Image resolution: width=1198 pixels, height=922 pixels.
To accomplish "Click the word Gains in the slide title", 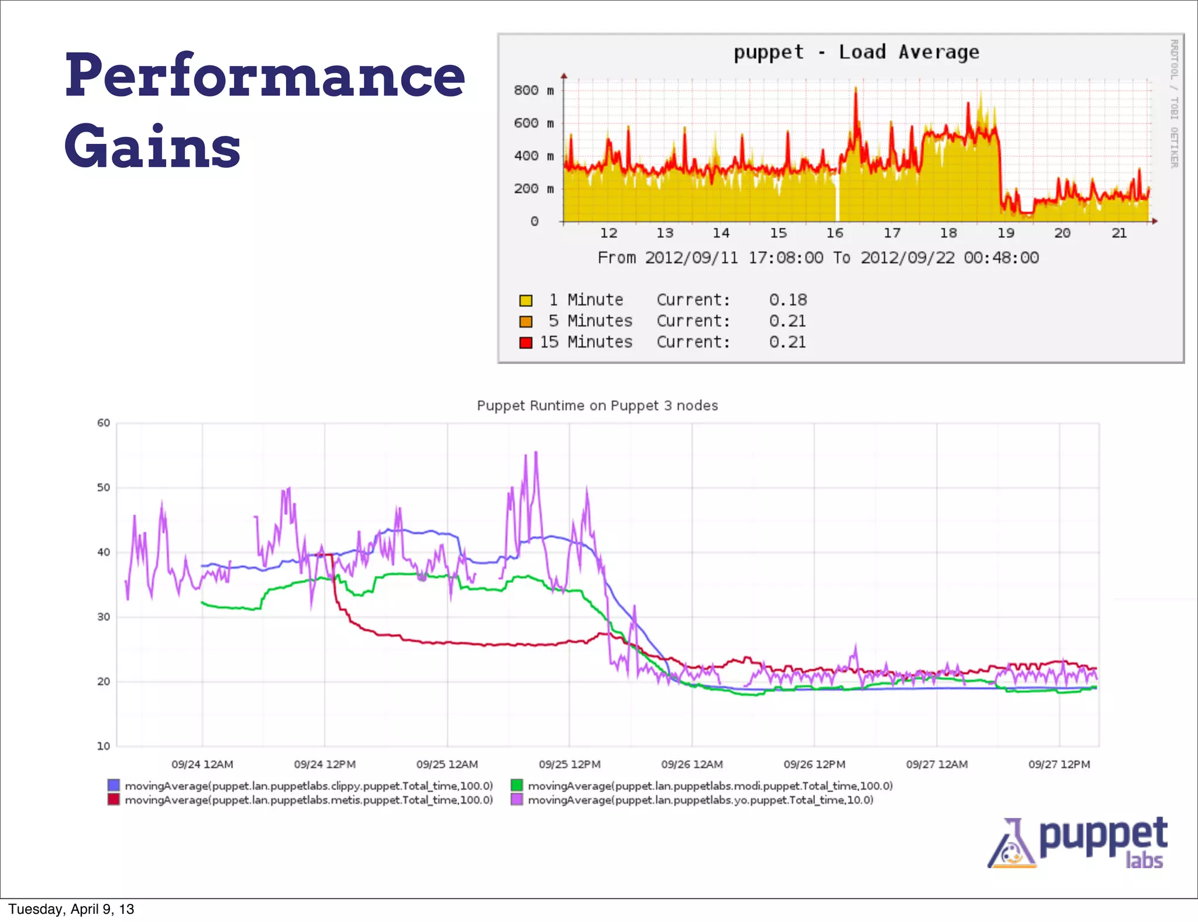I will click(x=152, y=146).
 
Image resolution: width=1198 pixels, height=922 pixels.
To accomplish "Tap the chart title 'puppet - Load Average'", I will click(x=856, y=52).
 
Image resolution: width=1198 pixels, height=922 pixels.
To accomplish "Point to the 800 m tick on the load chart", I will click(x=533, y=90).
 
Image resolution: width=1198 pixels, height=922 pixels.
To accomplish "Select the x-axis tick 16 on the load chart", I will click(x=835, y=233).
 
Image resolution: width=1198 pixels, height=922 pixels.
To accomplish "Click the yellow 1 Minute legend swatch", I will click(x=526, y=300).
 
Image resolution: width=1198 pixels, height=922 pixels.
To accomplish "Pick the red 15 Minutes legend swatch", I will click(x=526, y=342).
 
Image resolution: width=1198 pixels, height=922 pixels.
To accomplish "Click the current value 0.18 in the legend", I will click(x=787, y=300).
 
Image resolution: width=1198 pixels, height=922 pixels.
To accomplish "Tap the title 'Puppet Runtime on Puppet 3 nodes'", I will click(x=597, y=405).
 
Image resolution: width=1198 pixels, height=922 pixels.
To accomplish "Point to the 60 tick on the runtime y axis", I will click(x=104, y=423).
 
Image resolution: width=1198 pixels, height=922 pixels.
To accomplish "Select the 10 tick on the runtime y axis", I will click(x=104, y=746).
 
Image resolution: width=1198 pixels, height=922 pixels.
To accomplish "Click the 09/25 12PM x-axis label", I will click(x=569, y=764).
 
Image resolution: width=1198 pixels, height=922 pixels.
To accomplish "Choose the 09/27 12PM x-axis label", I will click(x=1059, y=764).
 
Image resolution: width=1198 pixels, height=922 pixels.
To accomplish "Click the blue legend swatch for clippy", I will click(x=113, y=785).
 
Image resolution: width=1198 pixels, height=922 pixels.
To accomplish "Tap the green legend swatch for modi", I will click(x=517, y=785).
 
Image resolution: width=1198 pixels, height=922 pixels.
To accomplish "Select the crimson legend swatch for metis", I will click(x=113, y=799).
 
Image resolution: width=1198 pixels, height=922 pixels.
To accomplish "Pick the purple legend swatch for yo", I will click(x=517, y=799).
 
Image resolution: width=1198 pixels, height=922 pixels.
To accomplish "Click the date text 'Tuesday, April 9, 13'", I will click(x=71, y=909).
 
